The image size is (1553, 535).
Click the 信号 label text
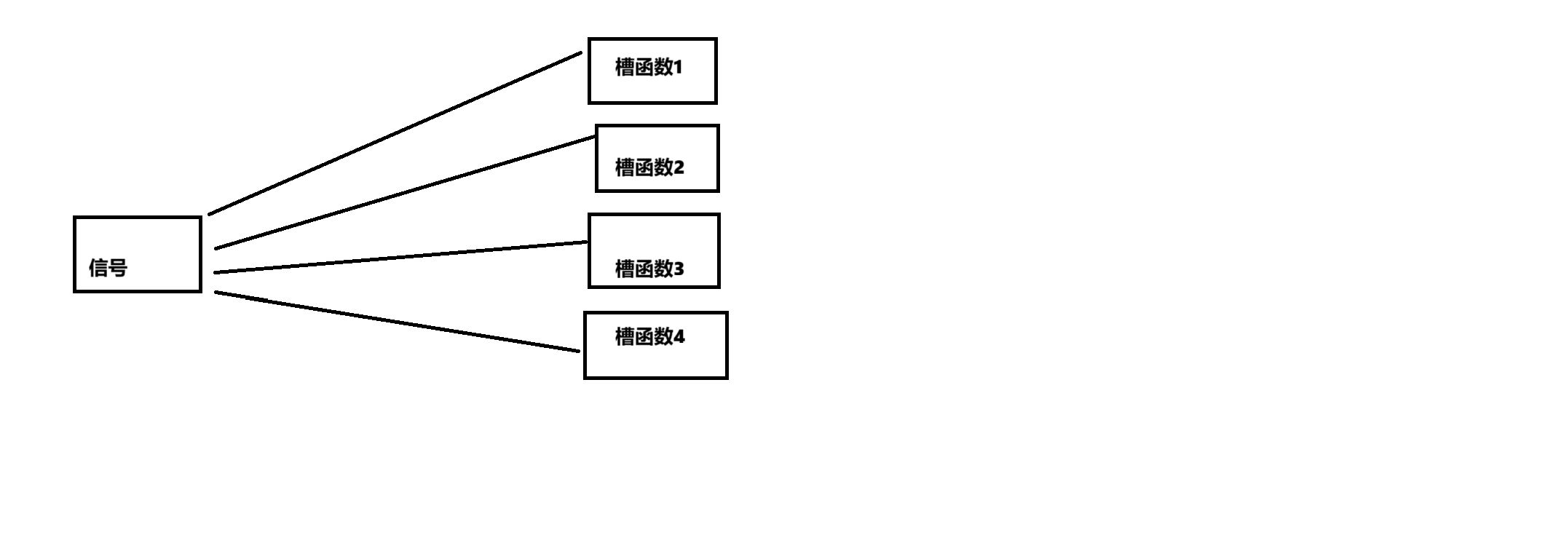(x=108, y=268)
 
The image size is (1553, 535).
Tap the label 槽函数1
(x=649, y=68)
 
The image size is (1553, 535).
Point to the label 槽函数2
(x=649, y=167)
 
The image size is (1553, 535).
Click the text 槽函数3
(x=649, y=269)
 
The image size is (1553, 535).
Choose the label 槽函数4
(x=649, y=336)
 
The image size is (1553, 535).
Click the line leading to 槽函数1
(x=395, y=133)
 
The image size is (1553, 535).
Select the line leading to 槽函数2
(x=405, y=193)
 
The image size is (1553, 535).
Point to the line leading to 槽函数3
(x=400, y=258)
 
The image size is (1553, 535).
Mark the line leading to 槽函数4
(x=398, y=322)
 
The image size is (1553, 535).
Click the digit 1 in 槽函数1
(x=678, y=68)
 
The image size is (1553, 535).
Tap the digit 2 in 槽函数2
(x=679, y=167)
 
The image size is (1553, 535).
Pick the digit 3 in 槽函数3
(x=679, y=269)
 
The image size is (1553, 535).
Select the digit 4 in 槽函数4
(x=679, y=336)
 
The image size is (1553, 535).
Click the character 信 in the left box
(x=98, y=268)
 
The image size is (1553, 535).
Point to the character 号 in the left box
(x=118, y=268)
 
